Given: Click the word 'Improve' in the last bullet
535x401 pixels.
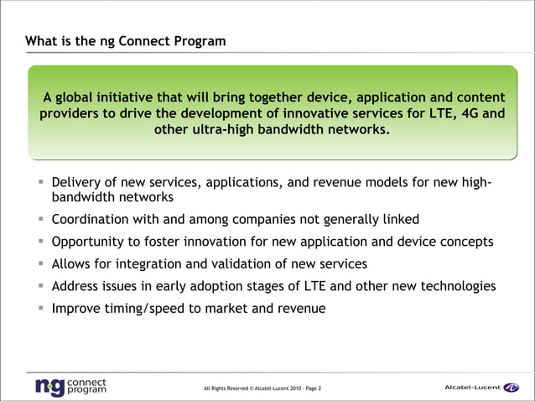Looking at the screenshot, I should pyautogui.click(x=77, y=308).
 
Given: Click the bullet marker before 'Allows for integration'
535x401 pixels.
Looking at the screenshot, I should pyautogui.click(x=40, y=264).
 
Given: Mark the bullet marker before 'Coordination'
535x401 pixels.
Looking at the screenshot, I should pyautogui.click(x=40, y=220).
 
